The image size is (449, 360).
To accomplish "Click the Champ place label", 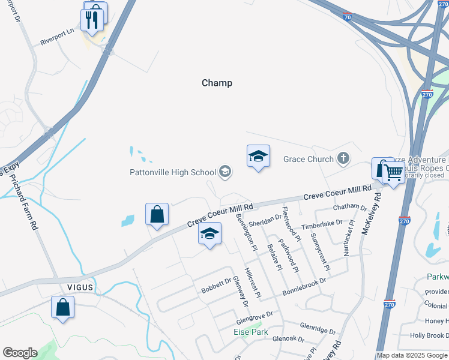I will (217, 83).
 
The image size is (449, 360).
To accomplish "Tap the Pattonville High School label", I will (173, 173).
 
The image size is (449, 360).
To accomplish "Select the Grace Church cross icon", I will (343, 159).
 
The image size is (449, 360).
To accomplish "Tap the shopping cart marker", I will (393, 173).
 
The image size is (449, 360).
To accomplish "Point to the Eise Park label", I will (250, 331).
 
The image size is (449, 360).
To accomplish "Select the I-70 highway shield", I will (348, 18).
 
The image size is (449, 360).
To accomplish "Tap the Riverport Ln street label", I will (57, 41).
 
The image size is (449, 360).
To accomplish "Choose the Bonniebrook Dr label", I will (304, 287).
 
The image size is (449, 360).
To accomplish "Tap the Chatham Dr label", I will (349, 208).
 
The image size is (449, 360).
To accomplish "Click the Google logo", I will (20, 353).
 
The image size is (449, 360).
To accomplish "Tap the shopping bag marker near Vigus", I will (63, 307).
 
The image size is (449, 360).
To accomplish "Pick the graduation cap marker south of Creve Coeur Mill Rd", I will (209, 234).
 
